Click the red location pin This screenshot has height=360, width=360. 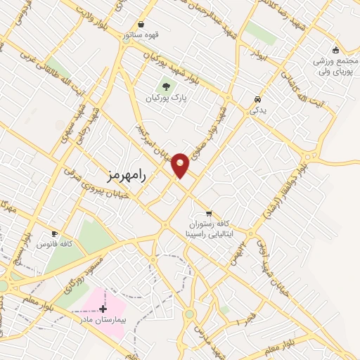click(x=181, y=164)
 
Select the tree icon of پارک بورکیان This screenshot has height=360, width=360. click(x=166, y=87)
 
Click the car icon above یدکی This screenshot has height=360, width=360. click(x=257, y=99)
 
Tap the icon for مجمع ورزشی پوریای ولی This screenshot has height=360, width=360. click(x=335, y=49)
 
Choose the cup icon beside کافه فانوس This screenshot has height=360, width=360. click(x=55, y=233)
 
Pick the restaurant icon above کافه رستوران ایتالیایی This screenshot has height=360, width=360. click(x=208, y=213)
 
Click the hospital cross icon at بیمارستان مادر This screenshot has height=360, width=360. click(x=103, y=309)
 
